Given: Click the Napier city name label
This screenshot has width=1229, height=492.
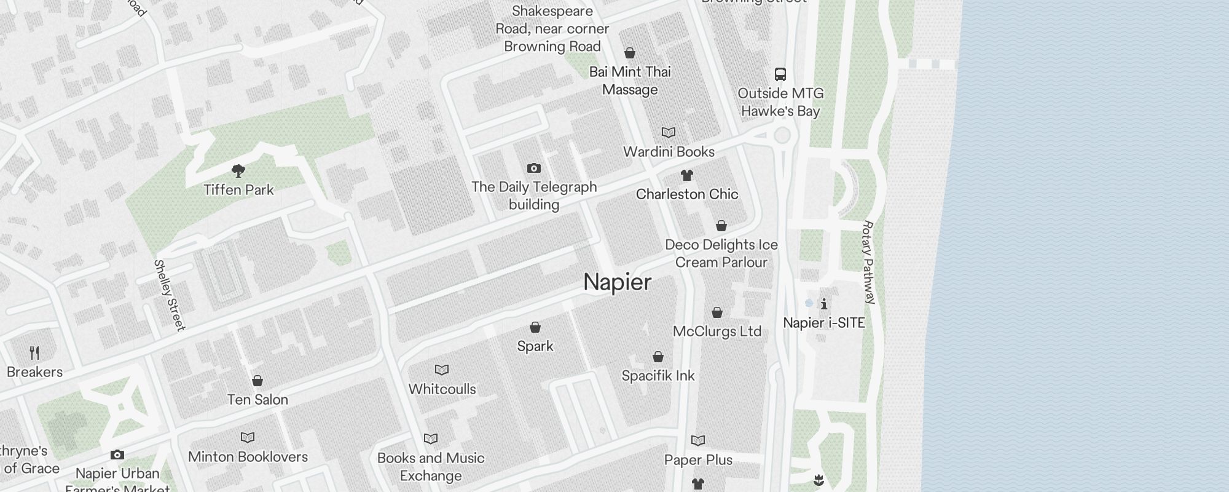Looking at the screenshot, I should click(x=617, y=282).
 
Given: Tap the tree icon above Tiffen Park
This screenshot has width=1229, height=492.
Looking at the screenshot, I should click(x=238, y=170).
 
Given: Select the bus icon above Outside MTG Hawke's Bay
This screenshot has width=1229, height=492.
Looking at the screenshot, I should click(x=780, y=74).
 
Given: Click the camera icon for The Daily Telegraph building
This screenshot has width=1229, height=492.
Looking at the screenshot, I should click(x=534, y=168).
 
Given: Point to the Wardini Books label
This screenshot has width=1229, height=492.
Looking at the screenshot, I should click(x=669, y=152).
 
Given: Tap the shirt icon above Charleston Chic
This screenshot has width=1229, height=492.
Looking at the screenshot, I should click(x=687, y=175).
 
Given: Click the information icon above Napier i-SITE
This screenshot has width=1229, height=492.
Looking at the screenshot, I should click(x=824, y=304).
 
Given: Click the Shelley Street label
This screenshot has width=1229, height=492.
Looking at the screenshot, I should click(x=169, y=295).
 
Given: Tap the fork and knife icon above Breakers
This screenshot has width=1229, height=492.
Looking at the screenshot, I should click(x=35, y=353).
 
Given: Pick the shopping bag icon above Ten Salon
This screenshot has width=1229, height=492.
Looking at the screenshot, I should click(x=257, y=381).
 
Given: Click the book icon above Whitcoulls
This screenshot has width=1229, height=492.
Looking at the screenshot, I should click(x=442, y=370).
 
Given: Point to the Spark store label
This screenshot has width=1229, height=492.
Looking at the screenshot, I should click(x=535, y=346).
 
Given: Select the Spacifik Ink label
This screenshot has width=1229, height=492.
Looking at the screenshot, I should click(x=658, y=376).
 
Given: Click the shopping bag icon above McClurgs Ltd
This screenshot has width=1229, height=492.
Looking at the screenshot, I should click(x=717, y=312).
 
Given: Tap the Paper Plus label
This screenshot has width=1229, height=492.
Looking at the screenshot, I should click(x=698, y=460).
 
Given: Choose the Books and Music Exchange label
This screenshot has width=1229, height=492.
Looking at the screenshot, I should click(x=431, y=467).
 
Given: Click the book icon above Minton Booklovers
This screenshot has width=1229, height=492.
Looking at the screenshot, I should click(x=248, y=438).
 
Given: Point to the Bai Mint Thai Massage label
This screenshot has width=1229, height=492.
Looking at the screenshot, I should click(x=630, y=81).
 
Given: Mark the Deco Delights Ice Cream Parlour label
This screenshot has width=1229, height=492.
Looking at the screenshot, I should click(x=721, y=253).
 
